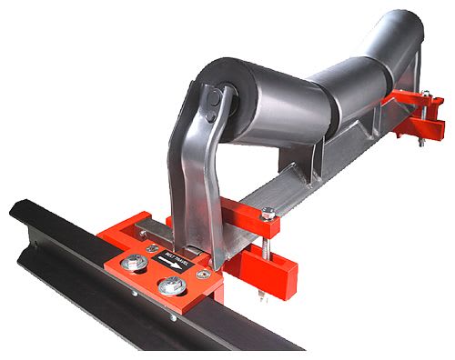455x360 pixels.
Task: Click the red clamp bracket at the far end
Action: (x=423, y=114)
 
